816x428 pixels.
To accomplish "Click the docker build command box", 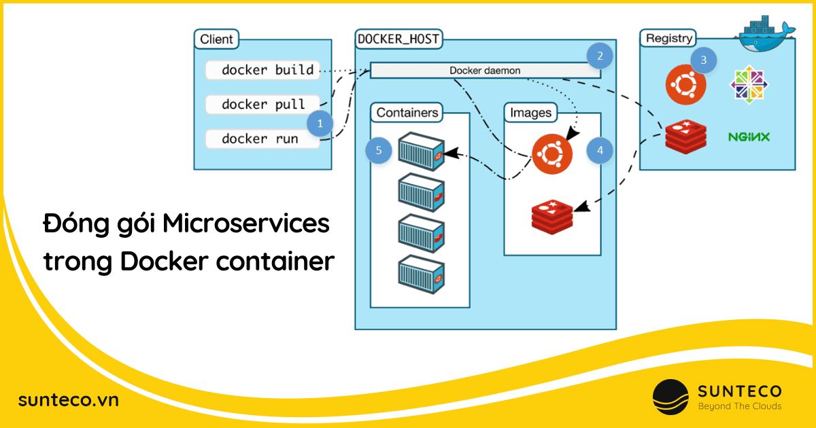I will click(262, 70).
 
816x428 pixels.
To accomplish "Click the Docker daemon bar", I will click(485, 71).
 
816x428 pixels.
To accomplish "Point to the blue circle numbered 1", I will click(320, 124).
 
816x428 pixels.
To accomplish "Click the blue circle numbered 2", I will click(599, 56).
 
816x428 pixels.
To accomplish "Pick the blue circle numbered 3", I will click(703, 60).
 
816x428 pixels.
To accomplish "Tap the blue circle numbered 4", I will click(599, 149).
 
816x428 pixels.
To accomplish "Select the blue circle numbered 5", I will click(378, 149).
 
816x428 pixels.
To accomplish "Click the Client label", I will click(216, 39).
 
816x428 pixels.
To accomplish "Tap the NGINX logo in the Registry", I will click(749, 137).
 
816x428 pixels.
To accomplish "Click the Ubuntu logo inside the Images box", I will click(552, 154).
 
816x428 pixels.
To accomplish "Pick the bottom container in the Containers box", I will click(421, 272).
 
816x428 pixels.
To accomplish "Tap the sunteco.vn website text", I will click(69, 400).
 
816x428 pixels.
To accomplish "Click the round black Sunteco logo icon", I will click(670, 397).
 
